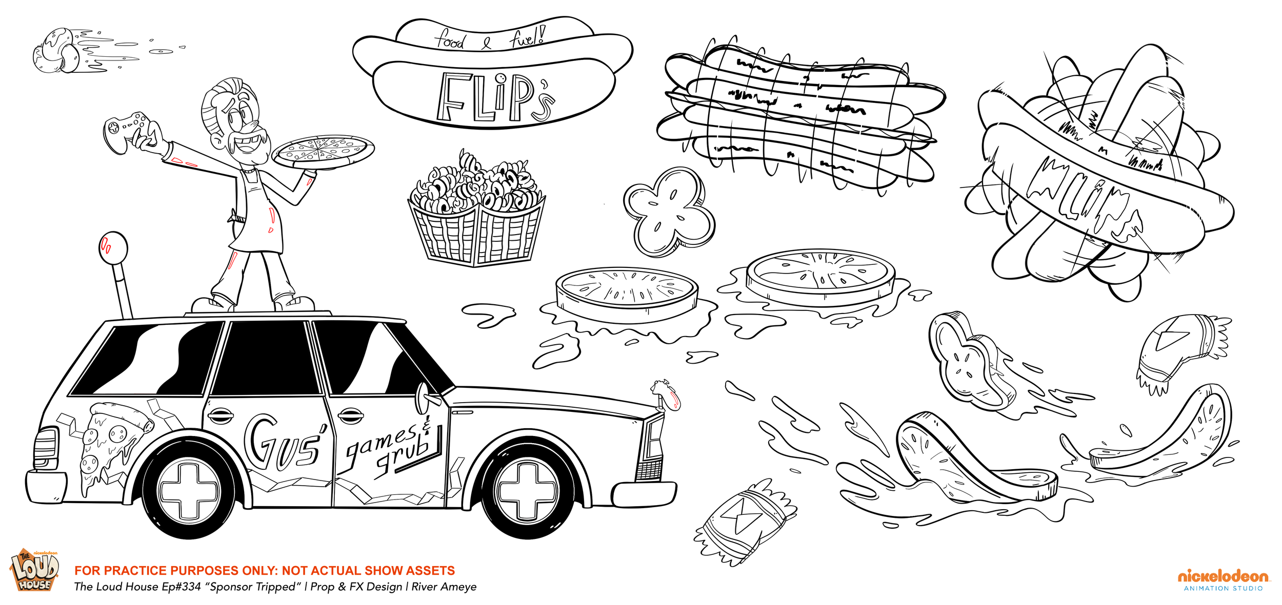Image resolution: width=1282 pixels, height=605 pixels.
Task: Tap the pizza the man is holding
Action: tap(323, 150)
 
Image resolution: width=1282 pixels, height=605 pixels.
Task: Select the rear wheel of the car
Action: tap(189, 490)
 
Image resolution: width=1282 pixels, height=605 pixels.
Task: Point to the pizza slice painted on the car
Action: tap(110, 441)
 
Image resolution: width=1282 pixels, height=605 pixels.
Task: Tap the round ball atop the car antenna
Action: tap(113, 248)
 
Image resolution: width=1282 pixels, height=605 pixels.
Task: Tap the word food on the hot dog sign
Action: tap(450, 40)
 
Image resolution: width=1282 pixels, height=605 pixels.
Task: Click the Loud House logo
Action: tap(34, 570)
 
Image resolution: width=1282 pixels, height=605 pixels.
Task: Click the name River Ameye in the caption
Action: tap(444, 587)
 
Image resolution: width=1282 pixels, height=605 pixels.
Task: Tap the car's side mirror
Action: tap(424, 398)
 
